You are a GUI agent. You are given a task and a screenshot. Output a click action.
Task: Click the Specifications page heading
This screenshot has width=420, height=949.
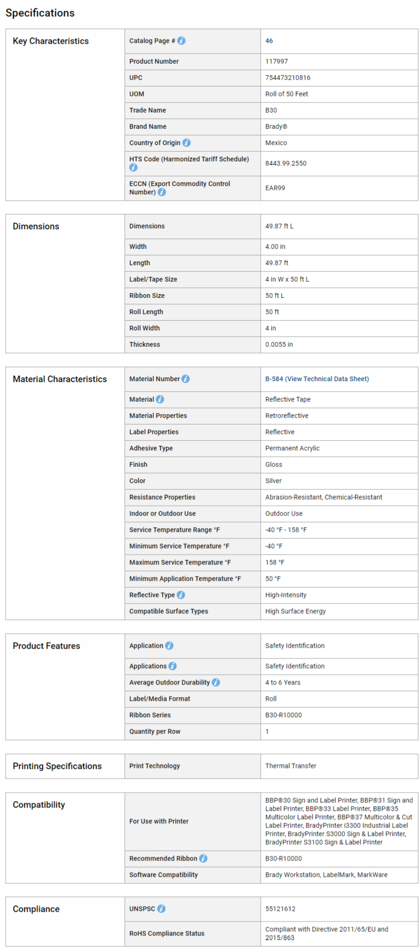[40, 13]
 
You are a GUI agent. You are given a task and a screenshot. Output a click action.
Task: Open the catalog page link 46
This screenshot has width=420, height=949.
[269, 41]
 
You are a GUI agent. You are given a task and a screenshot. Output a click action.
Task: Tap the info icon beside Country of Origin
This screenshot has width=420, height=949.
[186, 143]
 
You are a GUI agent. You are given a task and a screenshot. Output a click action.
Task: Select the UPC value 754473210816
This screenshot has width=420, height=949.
[288, 78]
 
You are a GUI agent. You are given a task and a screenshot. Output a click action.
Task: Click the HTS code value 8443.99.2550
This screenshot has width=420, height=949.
[286, 163]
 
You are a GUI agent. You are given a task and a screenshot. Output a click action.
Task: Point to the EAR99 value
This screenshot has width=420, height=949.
[275, 188]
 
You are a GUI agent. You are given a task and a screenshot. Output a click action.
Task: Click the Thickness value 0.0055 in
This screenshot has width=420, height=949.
[279, 344]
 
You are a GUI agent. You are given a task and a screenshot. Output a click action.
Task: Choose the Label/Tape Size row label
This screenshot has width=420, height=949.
[153, 279]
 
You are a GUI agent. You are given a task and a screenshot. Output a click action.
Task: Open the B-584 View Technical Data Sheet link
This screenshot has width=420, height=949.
[317, 379]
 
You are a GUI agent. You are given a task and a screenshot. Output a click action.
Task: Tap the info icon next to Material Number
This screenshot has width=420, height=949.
[186, 379]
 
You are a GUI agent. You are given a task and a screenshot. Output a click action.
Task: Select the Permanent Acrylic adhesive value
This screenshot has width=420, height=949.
[292, 448]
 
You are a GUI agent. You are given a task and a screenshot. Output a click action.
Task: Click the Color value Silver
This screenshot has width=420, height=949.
[273, 481]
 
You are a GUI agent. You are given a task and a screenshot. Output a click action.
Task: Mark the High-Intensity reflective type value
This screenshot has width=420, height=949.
[286, 595]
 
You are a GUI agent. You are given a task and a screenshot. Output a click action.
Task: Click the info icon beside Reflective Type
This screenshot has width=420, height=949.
[181, 595]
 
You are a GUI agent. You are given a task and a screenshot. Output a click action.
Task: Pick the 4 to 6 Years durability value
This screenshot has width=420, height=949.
[283, 682]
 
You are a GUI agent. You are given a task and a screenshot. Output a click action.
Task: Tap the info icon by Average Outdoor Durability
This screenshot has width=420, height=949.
[216, 682]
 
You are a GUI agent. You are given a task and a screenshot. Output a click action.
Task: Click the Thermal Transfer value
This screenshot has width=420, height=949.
[291, 766]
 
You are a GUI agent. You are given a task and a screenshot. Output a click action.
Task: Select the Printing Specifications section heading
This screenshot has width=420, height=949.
[57, 766]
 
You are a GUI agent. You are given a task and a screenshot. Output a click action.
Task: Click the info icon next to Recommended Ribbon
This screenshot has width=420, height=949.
[203, 858]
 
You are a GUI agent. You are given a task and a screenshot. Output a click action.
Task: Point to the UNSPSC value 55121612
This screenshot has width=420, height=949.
[280, 909]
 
